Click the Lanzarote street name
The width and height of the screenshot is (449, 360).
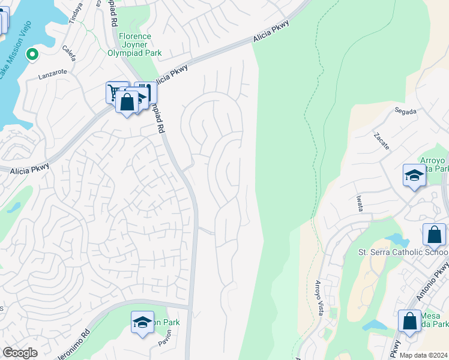coord(50,77)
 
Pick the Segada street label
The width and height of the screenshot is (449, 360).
coord(405,111)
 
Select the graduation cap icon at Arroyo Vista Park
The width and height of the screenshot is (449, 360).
coord(414,175)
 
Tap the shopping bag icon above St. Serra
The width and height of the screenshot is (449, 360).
coord(434,235)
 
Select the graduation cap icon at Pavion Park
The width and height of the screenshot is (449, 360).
coord(142,323)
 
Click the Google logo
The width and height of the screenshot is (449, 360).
coord(20,353)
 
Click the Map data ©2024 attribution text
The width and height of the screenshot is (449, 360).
coord(423,355)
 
